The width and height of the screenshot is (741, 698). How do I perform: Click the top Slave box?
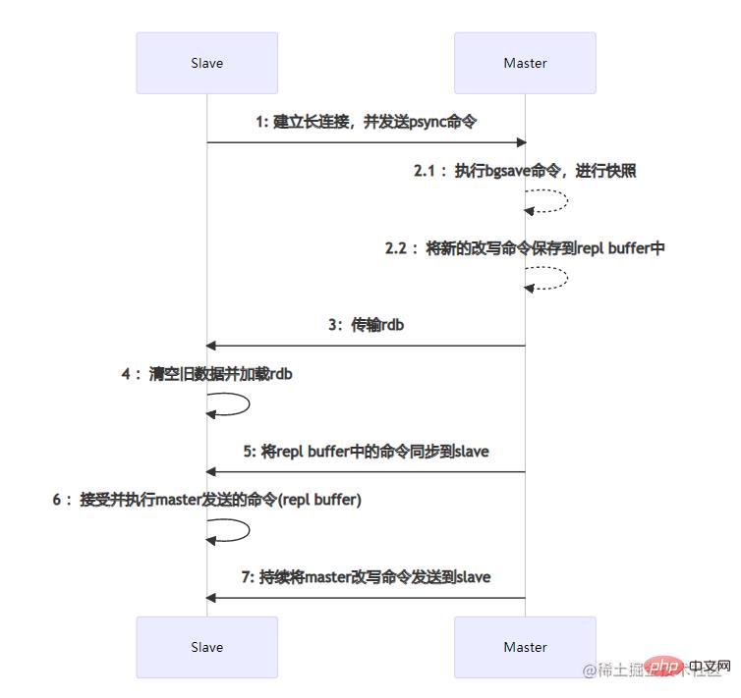[206, 63]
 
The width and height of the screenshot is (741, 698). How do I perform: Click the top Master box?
[525, 63]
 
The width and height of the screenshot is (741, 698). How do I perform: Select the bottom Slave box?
[206, 647]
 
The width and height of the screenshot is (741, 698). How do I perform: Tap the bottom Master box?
[525, 647]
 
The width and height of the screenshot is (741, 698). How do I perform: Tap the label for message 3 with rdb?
[366, 325]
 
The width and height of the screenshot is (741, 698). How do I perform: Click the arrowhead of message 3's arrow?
[210, 346]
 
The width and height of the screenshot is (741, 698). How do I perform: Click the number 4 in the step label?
[126, 374]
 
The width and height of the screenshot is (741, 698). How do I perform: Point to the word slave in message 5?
[471, 452]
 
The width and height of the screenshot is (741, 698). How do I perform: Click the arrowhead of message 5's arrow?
[210, 472]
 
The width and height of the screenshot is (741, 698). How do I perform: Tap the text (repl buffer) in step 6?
[319, 500]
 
